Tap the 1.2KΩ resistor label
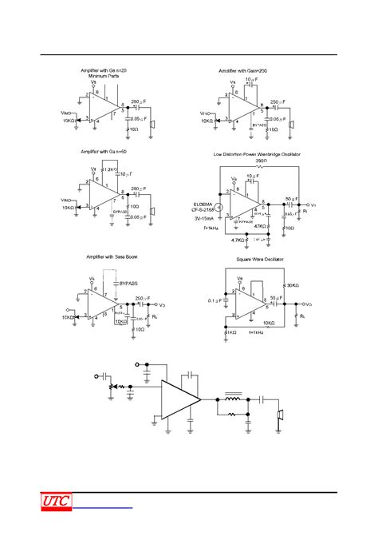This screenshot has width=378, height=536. [x=112, y=171]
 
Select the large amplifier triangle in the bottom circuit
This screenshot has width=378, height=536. [x=180, y=397]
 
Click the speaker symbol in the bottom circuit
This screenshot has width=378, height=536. [x=280, y=416]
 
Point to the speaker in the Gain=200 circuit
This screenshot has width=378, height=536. [x=293, y=125]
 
